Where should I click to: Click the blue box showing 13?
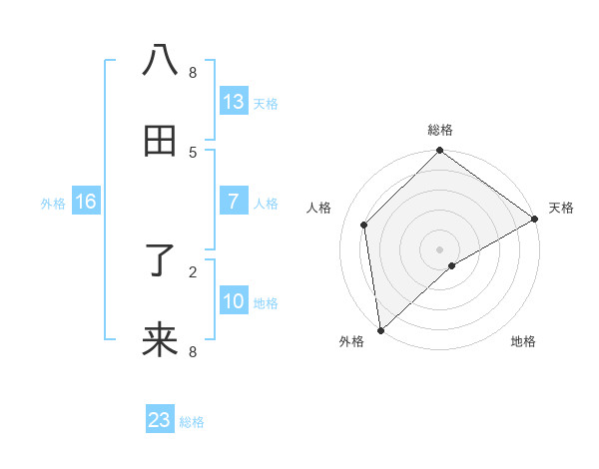[x=234, y=102]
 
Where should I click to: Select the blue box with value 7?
[x=234, y=202]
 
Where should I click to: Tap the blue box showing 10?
[x=234, y=301]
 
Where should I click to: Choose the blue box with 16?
[x=86, y=202]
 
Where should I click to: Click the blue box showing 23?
[x=160, y=420]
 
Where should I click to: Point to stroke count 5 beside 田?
[x=193, y=152]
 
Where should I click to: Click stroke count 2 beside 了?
[x=193, y=270]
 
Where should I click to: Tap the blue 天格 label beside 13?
[x=266, y=104]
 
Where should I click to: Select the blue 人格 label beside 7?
[x=266, y=204]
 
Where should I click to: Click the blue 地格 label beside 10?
[x=266, y=303]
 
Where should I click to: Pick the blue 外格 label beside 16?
[x=53, y=204]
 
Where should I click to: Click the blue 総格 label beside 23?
[x=192, y=422]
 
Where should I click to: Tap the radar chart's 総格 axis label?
[x=440, y=130]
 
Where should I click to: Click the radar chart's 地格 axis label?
[x=523, y=342]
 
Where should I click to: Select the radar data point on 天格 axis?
[x=535, y=219]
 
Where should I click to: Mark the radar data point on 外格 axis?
[x=380, y=330]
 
